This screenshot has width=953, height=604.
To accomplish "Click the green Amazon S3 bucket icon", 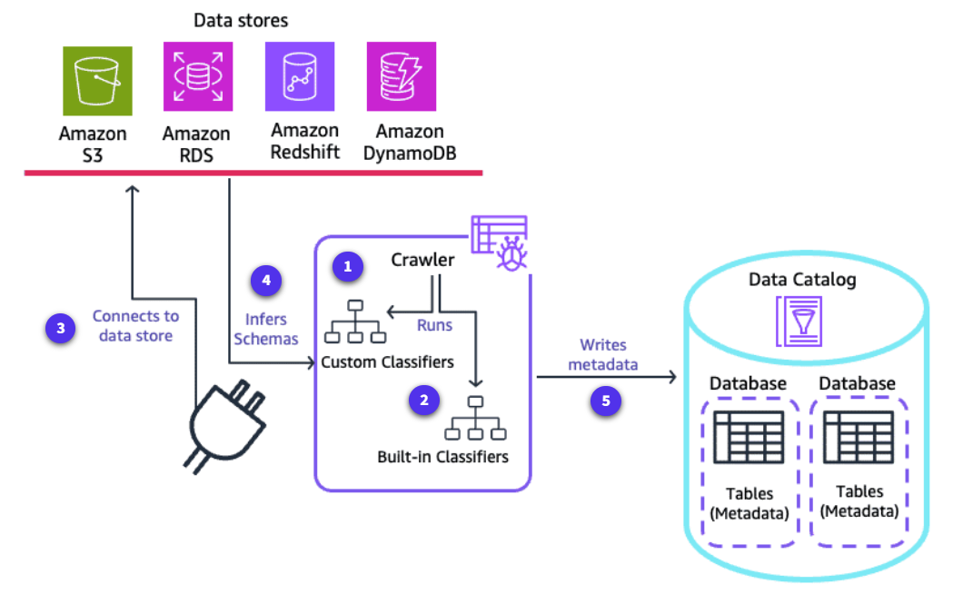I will point(98,80).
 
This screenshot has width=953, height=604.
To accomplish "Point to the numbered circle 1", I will point(348,266).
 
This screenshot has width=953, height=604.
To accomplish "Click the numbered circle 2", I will point(422,401).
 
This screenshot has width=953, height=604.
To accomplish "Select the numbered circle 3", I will point(61,328).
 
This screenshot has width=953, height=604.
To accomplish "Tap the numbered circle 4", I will point(266,281).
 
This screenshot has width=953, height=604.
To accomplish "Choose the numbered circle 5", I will point(606,401).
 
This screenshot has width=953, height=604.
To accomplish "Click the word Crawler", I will point(422,260).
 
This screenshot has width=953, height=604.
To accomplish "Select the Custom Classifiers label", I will point(386,361).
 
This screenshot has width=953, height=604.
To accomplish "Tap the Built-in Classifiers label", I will point(442,457).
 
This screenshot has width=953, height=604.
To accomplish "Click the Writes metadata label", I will point(604,354).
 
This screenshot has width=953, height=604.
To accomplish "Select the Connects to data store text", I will point(135,326).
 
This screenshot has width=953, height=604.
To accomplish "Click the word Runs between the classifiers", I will point(434,323).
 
